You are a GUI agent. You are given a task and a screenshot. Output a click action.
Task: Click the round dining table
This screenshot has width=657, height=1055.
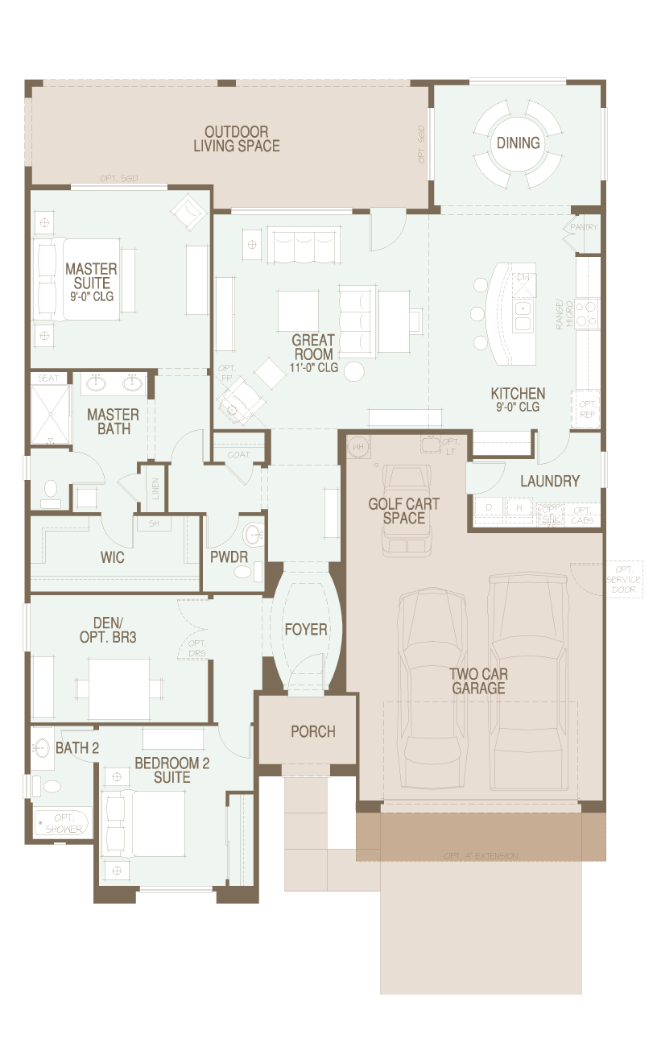pos(518,143)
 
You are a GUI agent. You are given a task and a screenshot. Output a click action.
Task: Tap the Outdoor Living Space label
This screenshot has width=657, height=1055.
pos(237,139)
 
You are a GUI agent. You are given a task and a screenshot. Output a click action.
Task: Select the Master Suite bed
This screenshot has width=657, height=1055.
pos(76,279)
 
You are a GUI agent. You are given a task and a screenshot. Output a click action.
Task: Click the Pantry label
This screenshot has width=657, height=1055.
pos(584,228)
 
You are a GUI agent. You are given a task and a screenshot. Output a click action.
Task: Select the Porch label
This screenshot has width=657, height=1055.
pos(313,731)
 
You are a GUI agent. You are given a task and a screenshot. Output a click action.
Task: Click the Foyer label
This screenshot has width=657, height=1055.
pos(305,629)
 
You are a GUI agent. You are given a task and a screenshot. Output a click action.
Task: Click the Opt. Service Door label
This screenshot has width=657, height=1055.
pos(623,579)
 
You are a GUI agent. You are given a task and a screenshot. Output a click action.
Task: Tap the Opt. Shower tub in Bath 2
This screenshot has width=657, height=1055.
pos(63,823)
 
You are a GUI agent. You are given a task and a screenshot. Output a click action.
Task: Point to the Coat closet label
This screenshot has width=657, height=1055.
pos(238,454)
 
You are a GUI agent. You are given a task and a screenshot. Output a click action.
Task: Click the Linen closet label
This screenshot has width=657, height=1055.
pos(155,488)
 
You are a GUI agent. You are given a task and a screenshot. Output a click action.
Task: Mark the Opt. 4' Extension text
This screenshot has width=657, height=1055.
pos(481,855)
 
